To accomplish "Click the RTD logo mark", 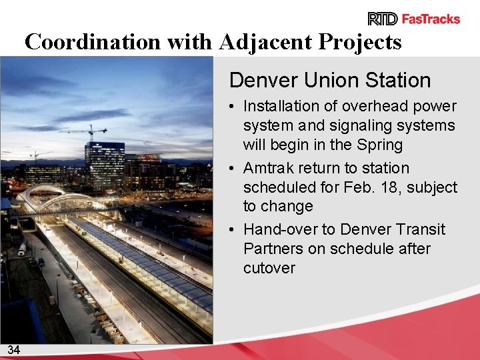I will point(383,19).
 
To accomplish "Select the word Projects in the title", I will point(360,42).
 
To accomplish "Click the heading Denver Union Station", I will point(330,81).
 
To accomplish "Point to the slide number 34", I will point(14,349).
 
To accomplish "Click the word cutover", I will point(269,268).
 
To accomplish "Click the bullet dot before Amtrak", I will point(229,169).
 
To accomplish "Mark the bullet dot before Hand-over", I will point(229,230).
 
